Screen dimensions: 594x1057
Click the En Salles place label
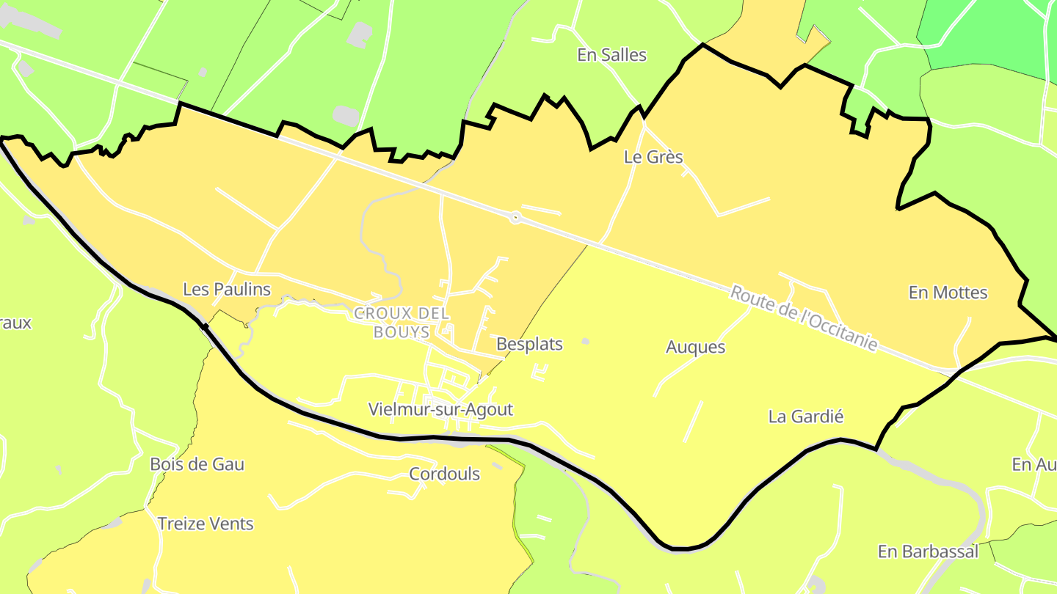(611, 55)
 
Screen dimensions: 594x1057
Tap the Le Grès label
(653, 157)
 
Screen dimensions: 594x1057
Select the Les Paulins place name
(227, 290)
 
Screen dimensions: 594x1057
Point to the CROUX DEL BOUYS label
(402, 323)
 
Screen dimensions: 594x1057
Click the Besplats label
(529, 344)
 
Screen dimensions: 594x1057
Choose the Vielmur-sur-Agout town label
(440, 409)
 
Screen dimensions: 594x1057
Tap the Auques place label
(695, 347)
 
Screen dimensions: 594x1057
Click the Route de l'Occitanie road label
(804, 318)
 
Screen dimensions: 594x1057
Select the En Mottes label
(948, 293)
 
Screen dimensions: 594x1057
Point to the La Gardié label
(806, 417)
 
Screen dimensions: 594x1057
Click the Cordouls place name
(444, 474)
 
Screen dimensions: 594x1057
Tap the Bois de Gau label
(197, 464)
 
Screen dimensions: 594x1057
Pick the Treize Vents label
(206, 524)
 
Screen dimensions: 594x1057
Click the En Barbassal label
(928, 551)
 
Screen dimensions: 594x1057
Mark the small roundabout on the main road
(515, 217)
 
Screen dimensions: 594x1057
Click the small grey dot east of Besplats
(585, 341)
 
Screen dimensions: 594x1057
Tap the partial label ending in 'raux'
(15, 323)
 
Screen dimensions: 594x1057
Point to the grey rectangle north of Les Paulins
(346, 115)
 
